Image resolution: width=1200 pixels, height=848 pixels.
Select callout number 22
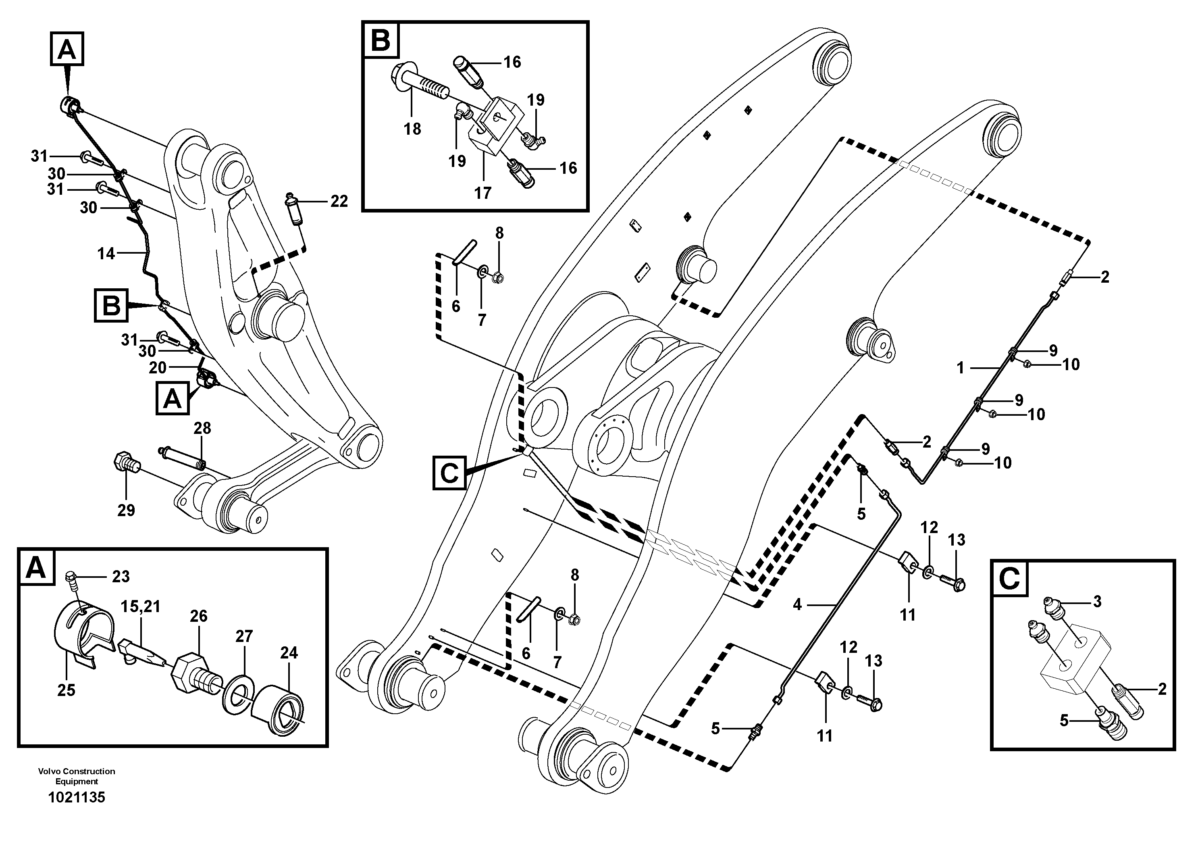(x=339, y=201)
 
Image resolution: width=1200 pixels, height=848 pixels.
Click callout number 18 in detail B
(x=412, y=129)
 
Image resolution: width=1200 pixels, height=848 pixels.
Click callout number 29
(x=126, y=510)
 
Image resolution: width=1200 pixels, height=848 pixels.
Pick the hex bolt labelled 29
(x=125, y=462)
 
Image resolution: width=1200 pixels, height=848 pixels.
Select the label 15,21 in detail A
(x=141, y=606)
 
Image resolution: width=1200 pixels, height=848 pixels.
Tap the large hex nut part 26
(x=186, y=672)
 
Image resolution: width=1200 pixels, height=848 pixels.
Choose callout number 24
(x=289, y=652)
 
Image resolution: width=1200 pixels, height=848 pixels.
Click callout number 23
(x=121, y=577)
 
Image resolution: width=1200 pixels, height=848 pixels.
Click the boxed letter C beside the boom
(x=449, y=473)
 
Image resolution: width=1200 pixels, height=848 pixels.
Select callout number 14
(x=106, y=254)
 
